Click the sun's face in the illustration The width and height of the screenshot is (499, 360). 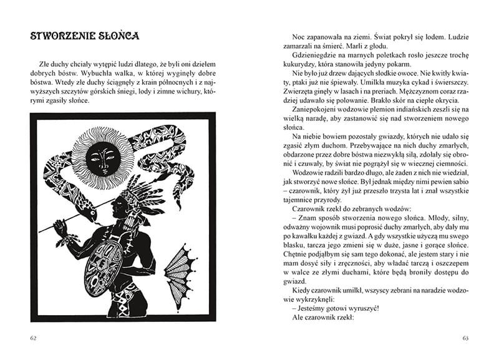(x=100, y=159)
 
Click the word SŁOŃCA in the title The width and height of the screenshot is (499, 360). (x=116, y=36)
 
